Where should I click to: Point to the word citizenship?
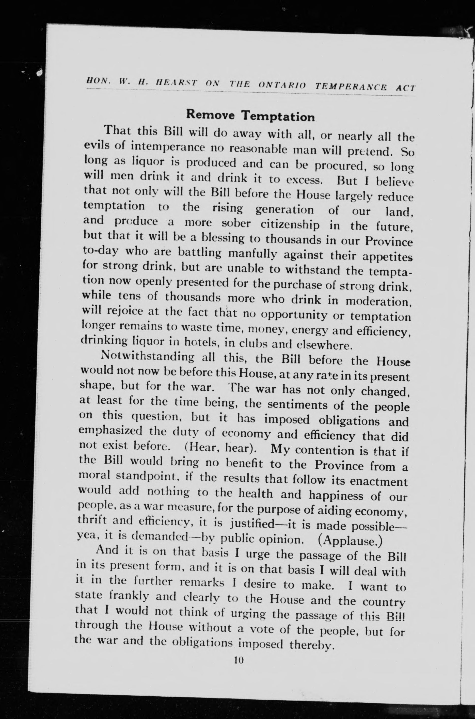(x=290, y=225)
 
